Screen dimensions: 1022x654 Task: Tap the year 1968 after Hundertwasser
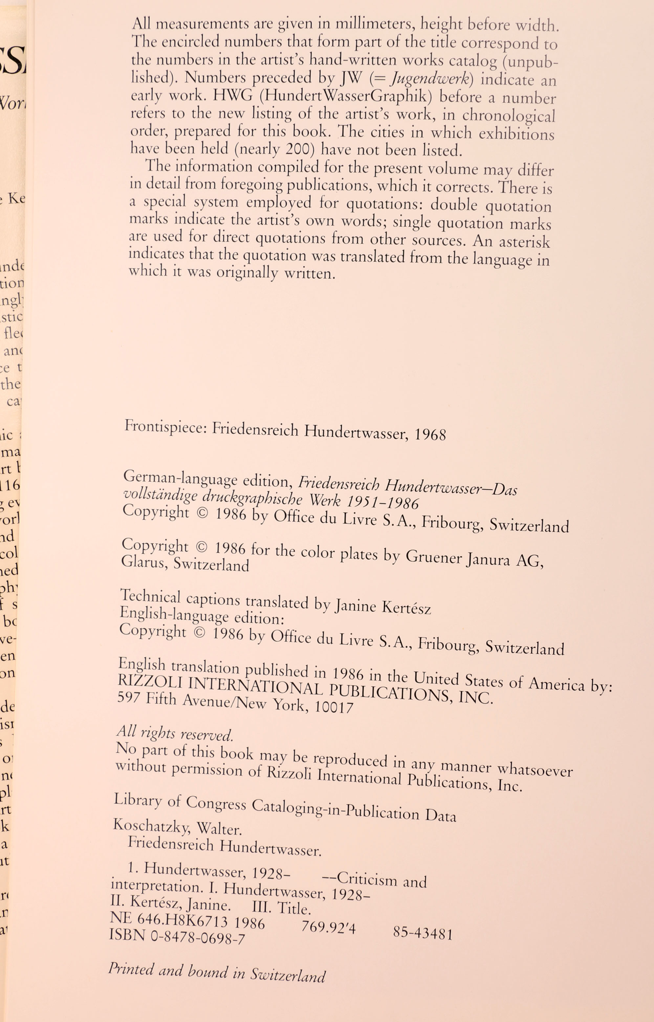click(430, 434)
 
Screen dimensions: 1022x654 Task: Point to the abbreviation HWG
click(232, 95)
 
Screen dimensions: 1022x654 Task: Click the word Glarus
click(143, 562)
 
